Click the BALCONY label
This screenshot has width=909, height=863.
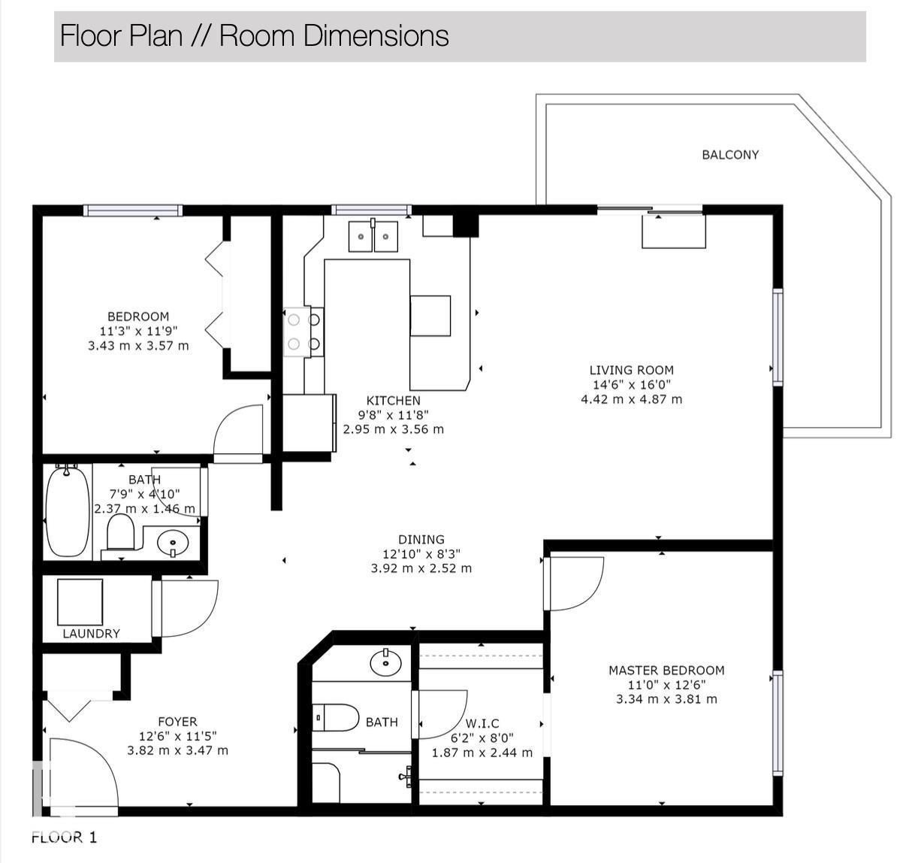730,155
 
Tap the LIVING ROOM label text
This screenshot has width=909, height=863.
631,370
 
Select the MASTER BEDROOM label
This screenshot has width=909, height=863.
666,671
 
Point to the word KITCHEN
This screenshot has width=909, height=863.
393,401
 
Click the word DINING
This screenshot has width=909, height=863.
421,540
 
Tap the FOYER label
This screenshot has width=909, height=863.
177,722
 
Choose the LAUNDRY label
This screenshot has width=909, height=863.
91,634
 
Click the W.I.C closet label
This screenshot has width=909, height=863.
482,723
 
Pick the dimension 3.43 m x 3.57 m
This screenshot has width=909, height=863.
138,346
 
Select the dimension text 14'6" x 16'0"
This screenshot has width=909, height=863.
632,385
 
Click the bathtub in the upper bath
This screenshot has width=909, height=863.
68,512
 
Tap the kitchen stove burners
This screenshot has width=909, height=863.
304,332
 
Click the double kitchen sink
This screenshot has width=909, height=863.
373,236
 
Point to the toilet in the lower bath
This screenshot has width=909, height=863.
336,718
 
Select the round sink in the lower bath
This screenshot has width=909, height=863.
385,662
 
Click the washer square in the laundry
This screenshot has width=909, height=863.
80,602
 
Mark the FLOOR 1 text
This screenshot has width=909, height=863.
65,837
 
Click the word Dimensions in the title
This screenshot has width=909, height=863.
376,35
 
